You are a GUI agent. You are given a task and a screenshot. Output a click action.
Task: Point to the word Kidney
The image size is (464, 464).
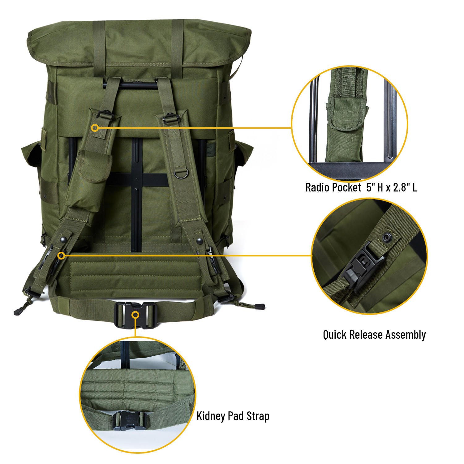(211, 416)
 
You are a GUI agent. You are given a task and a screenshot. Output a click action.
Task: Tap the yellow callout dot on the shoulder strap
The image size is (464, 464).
(95, 128)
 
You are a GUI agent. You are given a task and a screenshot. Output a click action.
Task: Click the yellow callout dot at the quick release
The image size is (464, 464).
(61, 256)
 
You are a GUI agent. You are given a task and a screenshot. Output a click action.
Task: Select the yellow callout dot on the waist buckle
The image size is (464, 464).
(135, 315)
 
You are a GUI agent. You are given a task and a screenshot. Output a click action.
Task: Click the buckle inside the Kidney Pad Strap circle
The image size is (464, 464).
(128, 421)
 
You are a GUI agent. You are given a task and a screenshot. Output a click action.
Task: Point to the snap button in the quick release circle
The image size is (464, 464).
(386, 238)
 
